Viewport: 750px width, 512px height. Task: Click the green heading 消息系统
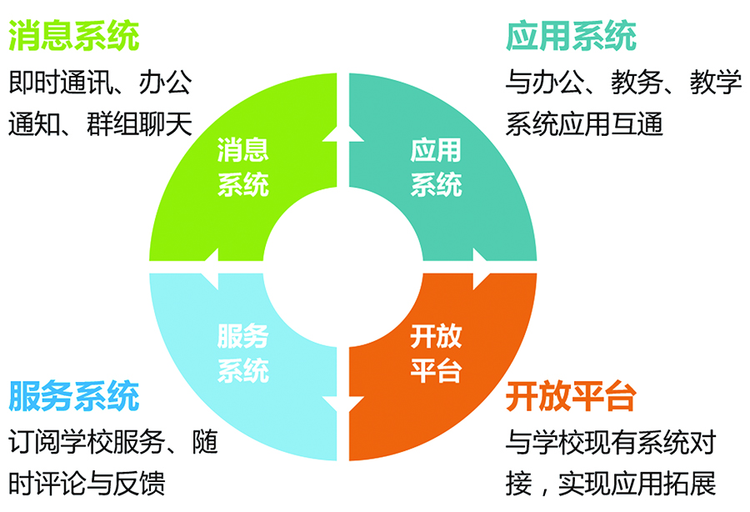(x=73, y=35)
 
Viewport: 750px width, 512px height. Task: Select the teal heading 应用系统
(x=571, y=35)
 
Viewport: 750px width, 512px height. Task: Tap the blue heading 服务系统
(x=73, y=396)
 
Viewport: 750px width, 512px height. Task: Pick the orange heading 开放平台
(x=571, y=396)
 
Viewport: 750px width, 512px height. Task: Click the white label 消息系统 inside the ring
(x=243, y=167)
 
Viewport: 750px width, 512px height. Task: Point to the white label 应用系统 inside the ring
(x=436, y=167)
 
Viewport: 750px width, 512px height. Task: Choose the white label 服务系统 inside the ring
(x=243, y=353)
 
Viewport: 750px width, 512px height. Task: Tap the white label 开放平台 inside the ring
(x=436, y=353)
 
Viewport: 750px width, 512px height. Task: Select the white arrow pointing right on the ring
(x=481, y=268)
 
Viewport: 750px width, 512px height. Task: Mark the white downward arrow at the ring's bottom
(x=343, y=404)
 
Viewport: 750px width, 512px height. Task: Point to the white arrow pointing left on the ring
(x=211, y=268)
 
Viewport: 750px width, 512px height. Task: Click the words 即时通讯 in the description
(x=61, y=82)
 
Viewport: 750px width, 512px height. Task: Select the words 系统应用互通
(x=584, y=124)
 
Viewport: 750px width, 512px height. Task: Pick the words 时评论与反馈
(x=87, y=484)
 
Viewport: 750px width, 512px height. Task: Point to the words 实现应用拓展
(x=637, y=484)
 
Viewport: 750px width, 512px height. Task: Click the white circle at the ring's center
(x=343, y=267)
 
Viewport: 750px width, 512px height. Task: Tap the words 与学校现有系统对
(x=611, y=442)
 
